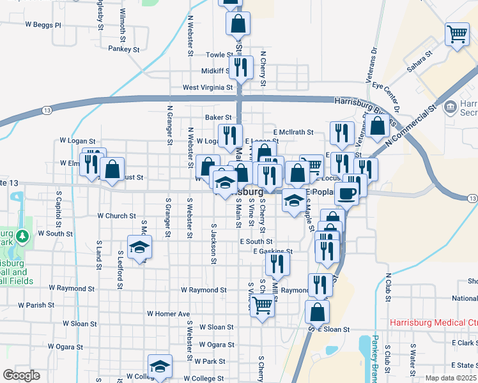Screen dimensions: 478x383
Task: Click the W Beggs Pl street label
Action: [x=43, y=26]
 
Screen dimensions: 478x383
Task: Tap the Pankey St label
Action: [x=124, y=49]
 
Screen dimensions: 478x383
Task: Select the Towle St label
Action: [x=219, y=56]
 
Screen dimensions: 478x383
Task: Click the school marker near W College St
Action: [x=160, y=366]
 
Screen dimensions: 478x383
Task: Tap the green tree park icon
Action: [x=24, y=237]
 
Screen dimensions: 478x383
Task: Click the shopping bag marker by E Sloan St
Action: [x=317, y=312]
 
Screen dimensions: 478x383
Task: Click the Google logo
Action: [x=21, y=375]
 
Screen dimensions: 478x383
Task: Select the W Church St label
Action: [x=116, y=216]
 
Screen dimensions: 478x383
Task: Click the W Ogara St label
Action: [x=217, y=345]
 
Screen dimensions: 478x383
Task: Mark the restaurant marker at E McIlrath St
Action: [x=342, y=132]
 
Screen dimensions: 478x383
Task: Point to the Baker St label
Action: [x=218, y=117]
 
